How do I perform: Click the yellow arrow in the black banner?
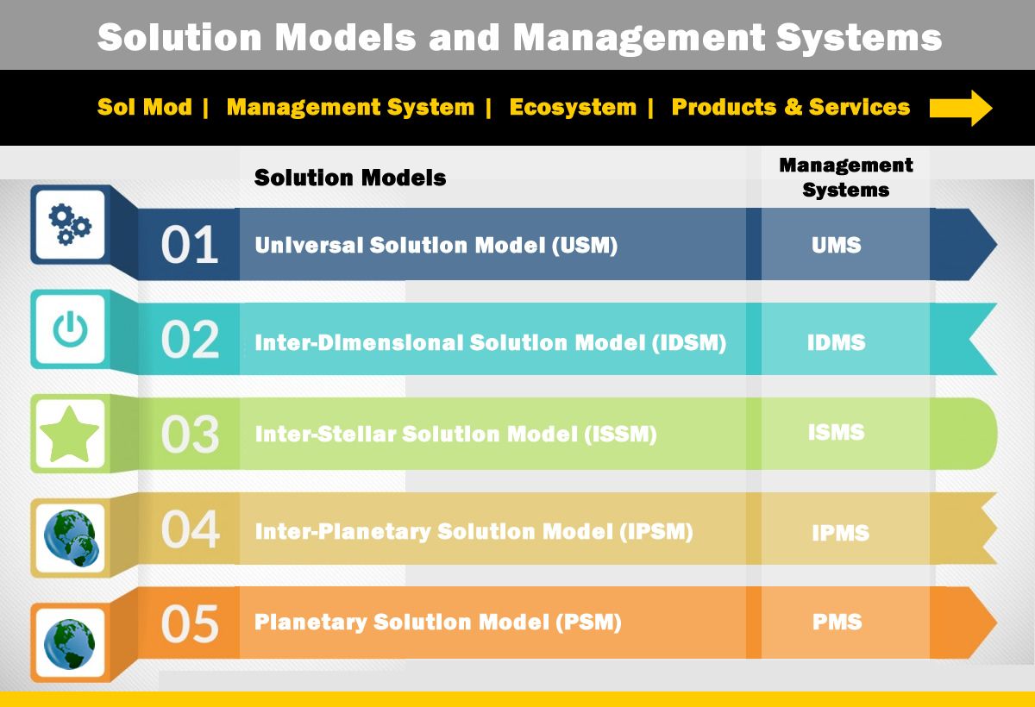point(961,108)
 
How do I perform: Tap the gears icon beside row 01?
point(70,224)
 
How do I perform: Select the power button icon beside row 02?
point(70,328)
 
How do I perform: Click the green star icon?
point(70,434)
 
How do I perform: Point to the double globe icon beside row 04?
point(71,537)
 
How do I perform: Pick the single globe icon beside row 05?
point(70,644)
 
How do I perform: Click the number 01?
point(190,244)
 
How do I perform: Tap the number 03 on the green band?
point(190,434)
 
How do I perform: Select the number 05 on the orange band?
point(190,624)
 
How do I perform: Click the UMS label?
point(837,245)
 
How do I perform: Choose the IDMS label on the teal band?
point(837,342)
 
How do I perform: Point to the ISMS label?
point(837,432)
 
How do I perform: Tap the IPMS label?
point(840,533)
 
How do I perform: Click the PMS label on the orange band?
point(837,622)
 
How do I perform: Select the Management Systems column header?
point(846,178)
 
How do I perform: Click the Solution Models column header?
point(350,178)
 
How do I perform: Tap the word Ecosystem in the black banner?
point(573,107)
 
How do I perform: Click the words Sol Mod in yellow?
point(145,107)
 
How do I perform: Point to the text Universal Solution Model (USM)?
point(436,245)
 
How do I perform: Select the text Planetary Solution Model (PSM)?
point(438,623)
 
